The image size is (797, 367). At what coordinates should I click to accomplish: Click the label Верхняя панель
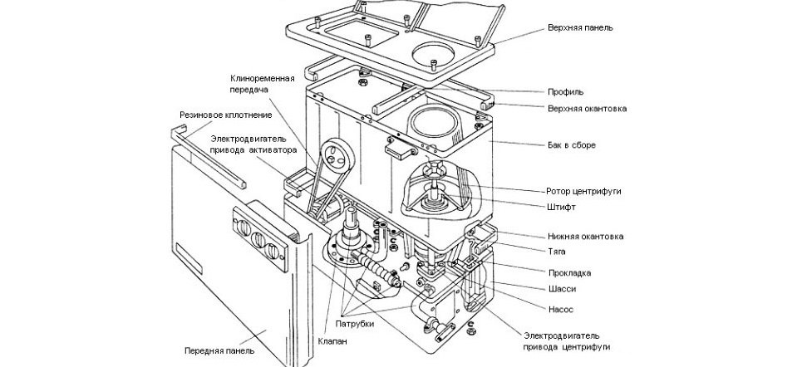tap(581, 27)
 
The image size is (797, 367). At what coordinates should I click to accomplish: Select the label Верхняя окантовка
tap(588, 109)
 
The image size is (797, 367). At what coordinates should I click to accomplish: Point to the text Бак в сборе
tap(572, 145)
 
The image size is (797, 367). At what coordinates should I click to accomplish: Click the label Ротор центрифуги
tap(583, 191)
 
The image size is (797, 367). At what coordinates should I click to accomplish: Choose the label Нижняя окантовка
tap(586, 237)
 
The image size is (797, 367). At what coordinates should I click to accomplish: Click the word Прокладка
tap(569, 272)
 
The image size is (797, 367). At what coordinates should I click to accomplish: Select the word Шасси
tap(560, 289)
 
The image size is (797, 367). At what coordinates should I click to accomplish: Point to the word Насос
tap(559, 306)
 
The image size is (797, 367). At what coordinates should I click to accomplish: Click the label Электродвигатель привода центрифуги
tap(569, 340)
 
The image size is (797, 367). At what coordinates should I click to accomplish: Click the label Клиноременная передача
tap(263, 83)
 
